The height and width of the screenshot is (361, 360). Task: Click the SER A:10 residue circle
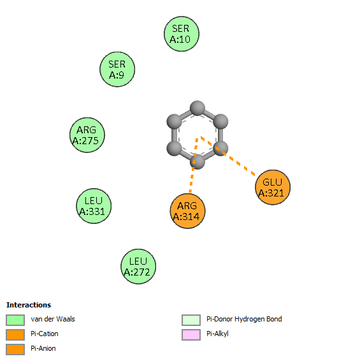181,34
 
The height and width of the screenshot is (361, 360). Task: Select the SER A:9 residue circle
117,70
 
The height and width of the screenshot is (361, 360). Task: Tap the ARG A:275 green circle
87,135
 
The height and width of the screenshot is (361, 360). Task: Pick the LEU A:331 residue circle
94,206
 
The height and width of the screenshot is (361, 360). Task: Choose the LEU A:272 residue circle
138,267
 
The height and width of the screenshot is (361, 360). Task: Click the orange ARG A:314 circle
188,211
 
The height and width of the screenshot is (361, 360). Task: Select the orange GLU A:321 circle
273,187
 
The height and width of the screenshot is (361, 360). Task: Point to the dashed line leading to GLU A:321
227,156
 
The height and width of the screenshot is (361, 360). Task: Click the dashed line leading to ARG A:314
194,165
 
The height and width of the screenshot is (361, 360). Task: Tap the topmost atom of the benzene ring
198,108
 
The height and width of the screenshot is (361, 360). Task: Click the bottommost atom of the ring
198,162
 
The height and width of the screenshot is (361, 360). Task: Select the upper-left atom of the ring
174,121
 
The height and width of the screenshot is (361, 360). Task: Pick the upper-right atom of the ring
221,121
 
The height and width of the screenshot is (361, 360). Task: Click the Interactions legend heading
29,305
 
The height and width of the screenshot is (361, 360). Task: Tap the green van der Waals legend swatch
15,320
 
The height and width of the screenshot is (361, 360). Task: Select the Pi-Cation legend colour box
15,335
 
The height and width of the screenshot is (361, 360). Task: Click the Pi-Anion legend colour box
15,350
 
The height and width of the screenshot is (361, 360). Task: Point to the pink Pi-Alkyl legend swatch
191,335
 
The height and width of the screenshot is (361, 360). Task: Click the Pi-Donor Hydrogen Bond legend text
244,319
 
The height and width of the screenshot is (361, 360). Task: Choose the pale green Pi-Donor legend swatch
191,320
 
